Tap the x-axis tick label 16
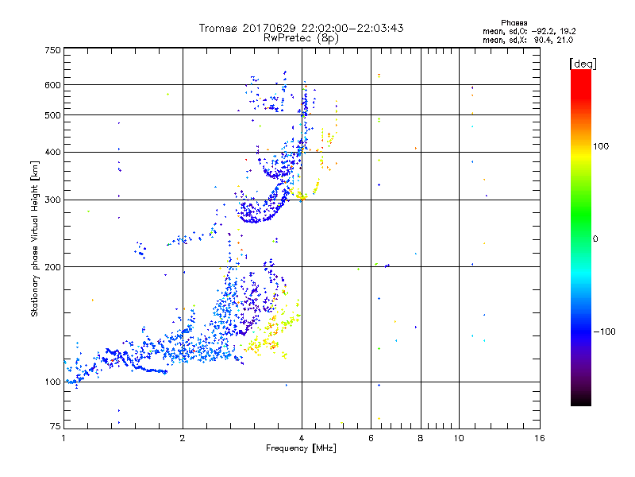[539, 438]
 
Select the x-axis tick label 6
[371, 438]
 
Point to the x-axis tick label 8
[421, 438]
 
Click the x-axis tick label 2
[183, 438]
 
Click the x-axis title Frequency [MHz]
[301, 448]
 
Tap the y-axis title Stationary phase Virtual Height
[35, 238]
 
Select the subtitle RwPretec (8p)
[301, 37]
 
